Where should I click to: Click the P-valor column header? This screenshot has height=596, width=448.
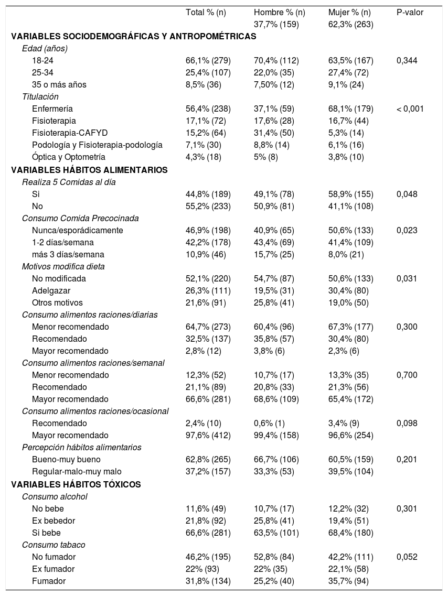[410, 12]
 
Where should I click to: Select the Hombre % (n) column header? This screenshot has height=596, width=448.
[279, 12]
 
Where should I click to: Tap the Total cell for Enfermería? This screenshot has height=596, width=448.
[208, 109]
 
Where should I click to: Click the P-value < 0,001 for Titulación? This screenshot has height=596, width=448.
[410, 109]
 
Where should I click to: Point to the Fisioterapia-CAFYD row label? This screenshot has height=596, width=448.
[70, 133]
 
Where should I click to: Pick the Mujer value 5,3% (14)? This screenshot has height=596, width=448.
[346, 133]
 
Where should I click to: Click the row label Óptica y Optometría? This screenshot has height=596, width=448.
[69, 157]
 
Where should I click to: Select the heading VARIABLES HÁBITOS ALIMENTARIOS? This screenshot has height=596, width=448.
[89, 170]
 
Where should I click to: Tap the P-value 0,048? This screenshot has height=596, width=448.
[407, 194]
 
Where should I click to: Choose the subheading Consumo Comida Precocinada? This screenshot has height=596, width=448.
[80, 218]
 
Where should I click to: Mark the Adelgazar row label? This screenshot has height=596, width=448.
[51, 290]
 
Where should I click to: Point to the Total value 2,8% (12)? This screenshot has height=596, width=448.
[204, 351]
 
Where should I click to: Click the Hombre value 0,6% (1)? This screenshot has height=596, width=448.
[269, 423]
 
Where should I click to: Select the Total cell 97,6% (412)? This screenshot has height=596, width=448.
[208, 435]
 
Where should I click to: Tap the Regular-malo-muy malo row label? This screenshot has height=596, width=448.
[77, 472]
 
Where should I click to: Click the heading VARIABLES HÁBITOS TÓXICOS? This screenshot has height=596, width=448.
[76, 484]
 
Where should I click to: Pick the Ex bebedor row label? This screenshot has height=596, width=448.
[54, 521]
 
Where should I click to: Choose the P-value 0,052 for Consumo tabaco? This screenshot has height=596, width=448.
[407, 557]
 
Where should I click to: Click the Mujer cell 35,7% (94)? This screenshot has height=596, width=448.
[346, 581]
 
